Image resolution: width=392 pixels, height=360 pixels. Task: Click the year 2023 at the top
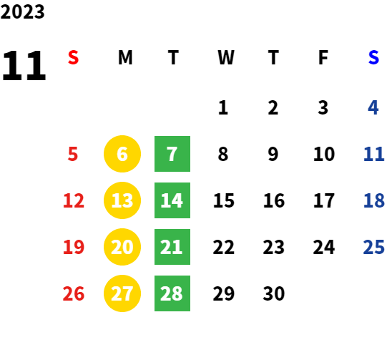tap(22, 11)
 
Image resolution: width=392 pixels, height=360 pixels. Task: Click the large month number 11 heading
tap(24, 65)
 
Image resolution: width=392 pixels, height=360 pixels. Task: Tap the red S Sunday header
tap(73, 57)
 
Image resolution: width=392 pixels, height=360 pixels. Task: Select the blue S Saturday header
tap(373, 57)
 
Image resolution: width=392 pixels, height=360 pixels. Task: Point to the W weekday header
tap(226, 57)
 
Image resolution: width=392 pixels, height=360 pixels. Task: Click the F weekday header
tap(323, 57)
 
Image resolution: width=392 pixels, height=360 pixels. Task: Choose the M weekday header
tap(125, 57)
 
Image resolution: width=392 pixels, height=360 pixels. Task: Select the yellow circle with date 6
tap(122, 154)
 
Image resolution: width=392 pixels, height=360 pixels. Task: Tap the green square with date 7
tap(172, 154)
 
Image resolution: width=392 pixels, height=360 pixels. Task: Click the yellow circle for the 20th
tap(122, 247)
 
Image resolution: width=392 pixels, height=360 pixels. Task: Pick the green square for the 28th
tap(172, 293)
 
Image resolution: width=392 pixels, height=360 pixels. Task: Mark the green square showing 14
tap(172, 200)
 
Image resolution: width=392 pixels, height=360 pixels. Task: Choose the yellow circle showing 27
tap(122, 293)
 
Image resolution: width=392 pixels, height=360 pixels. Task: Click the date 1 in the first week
tap(223, 108)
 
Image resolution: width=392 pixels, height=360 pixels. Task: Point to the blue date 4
tap(373, 108)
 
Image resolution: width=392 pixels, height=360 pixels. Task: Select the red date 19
tap(74, 247)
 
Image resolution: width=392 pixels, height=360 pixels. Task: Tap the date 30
tap(274, 293)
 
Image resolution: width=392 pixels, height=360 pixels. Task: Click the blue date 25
tap(373, 247)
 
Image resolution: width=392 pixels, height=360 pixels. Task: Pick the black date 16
tap(274, 200)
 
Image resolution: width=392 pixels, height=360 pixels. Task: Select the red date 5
tap(73, 154)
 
